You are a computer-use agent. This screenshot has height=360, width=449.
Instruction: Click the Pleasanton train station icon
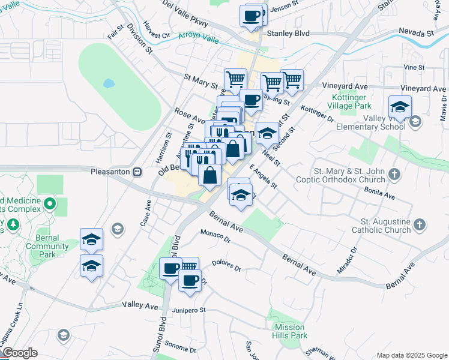click(137, 172)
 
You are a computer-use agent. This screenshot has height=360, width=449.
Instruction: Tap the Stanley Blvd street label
click(288, 34)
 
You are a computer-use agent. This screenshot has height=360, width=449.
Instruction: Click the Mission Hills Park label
click(291, 331)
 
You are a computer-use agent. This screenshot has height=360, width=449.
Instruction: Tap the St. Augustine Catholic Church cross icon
click(420, 225)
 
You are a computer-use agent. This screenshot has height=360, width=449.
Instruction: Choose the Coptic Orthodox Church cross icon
click(394, 175)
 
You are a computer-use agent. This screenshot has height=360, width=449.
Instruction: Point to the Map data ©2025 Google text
click(411, 355)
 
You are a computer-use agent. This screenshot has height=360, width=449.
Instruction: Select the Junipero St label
click(189, 310)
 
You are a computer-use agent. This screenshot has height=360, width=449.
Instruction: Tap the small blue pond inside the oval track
click(109, 83)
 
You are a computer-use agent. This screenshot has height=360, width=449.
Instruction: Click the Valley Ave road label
click(139, 305)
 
